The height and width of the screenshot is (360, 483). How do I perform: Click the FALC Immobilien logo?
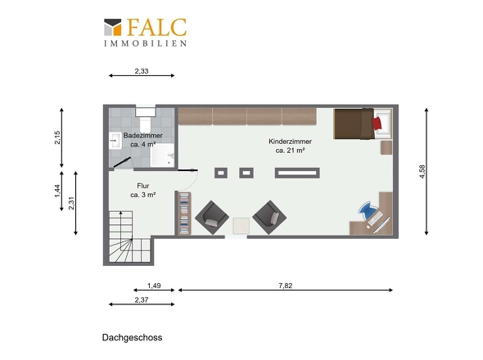click(145, 32)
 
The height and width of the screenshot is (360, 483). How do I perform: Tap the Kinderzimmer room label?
click(290, 146)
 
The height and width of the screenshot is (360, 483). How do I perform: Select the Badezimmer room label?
click(143, 140)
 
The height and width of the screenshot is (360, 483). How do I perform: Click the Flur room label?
click(143, 191)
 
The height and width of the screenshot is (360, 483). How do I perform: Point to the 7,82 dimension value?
click(285, 286)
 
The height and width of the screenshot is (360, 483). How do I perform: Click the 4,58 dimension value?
click(422, 172)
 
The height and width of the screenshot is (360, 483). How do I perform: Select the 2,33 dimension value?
click(142, 71)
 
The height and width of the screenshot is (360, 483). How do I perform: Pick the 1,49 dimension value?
click(154, 286)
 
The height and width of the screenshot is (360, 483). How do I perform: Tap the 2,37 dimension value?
click(142, 299)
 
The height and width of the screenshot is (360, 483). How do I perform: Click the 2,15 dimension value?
click(57, 137)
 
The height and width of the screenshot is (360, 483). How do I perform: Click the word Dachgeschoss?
click(132, 338)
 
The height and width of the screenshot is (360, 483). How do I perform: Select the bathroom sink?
click(115, 141)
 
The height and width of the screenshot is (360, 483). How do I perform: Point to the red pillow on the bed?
click(377, 124)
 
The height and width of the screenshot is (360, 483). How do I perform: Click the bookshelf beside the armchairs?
click(184, 214)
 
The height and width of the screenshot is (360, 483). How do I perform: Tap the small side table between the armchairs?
click(241, 226)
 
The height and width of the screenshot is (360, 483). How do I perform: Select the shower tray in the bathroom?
click(162, 155)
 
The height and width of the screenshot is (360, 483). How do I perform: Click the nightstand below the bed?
click(386, 147)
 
